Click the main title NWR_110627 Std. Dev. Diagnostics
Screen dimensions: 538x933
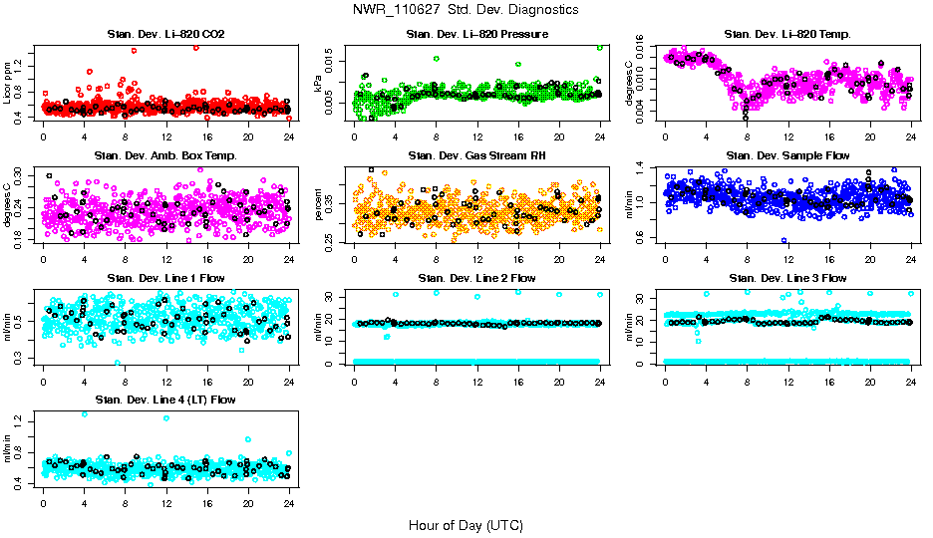pyautogui.click(x=466, y=9)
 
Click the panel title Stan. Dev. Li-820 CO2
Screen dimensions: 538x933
pyautogui.click(x=165, y=35)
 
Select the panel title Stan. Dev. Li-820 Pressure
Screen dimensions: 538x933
pyautogui.click(x=476, y=35)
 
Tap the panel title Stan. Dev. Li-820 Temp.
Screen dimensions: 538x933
pyautogui.click(x=787, y=35)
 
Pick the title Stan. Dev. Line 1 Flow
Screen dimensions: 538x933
pyautogui.click(x=165, y=278)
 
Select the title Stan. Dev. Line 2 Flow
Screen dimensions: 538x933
pyautogui.click(x=476, y=278)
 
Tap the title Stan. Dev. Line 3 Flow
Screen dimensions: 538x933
pyautogui.click(x=787, y=278)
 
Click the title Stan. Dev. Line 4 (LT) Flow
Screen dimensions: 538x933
pyautogui.click(x=165, y=400)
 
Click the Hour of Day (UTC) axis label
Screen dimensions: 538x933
pyautogui.click(x=466, y=525)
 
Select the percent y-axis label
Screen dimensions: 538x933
pyautogui.click(x=319, y=204)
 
